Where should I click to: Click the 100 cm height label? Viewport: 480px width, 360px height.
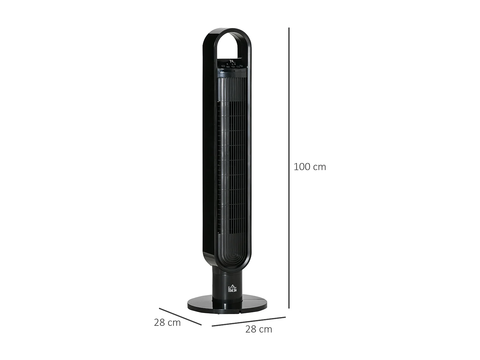(309, 167)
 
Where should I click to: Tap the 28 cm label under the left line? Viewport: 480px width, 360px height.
(167, 323)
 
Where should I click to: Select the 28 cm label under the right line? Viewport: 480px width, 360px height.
(259, 329)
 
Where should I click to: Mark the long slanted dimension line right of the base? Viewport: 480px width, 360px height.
(249, 322)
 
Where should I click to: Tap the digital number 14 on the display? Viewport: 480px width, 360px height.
(232, 61)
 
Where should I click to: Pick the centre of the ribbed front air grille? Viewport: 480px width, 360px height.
(233, 160)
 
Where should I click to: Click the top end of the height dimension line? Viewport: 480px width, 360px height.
(289, 28)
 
